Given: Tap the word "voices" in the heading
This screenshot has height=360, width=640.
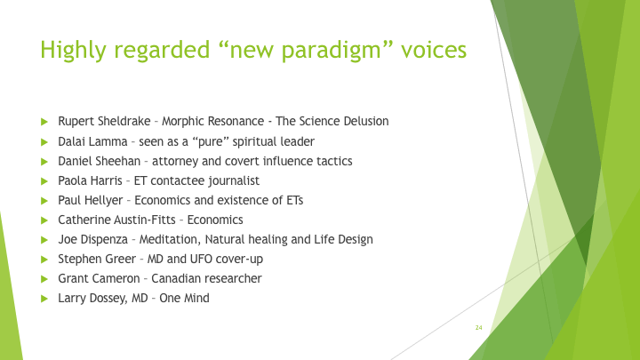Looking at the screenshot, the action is click(x=434, y=50).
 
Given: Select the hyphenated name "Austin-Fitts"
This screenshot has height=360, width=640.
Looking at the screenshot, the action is click(x=145, y=220).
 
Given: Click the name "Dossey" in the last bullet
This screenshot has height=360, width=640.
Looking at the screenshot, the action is click(x=108, y=299).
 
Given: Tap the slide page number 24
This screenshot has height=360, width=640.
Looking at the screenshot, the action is click(x=479, y=328).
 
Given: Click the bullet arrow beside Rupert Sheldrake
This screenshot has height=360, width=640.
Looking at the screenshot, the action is click(x=44, y=122).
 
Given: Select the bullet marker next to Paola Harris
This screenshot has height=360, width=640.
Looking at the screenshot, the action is click(x=44, y=181).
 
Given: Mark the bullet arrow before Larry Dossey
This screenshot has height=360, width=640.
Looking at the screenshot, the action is click(x=44, y=299).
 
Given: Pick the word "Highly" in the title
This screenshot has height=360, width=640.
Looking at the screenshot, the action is click(x=74, y=50).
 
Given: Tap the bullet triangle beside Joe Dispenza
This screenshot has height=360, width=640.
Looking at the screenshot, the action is click(x=44, y=240).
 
